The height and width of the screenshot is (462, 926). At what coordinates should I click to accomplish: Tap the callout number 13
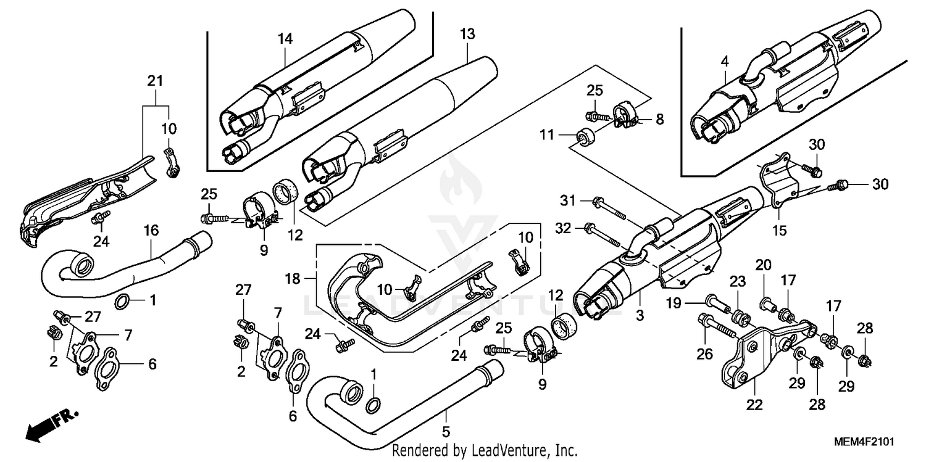(x=468, y=34)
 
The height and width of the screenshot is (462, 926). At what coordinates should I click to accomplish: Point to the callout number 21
(x=155, y=81)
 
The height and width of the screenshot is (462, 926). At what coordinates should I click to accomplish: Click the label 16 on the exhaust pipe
(x=151, y=230)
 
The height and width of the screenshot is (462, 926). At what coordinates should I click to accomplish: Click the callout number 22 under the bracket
(x=754, y=405)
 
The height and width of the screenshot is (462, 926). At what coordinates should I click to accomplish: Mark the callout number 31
(x=567, y=200)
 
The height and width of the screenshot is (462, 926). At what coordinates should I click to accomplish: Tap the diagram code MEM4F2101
(x=864, y=443)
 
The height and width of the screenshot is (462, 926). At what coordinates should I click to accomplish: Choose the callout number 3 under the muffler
(x=639, y=316)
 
